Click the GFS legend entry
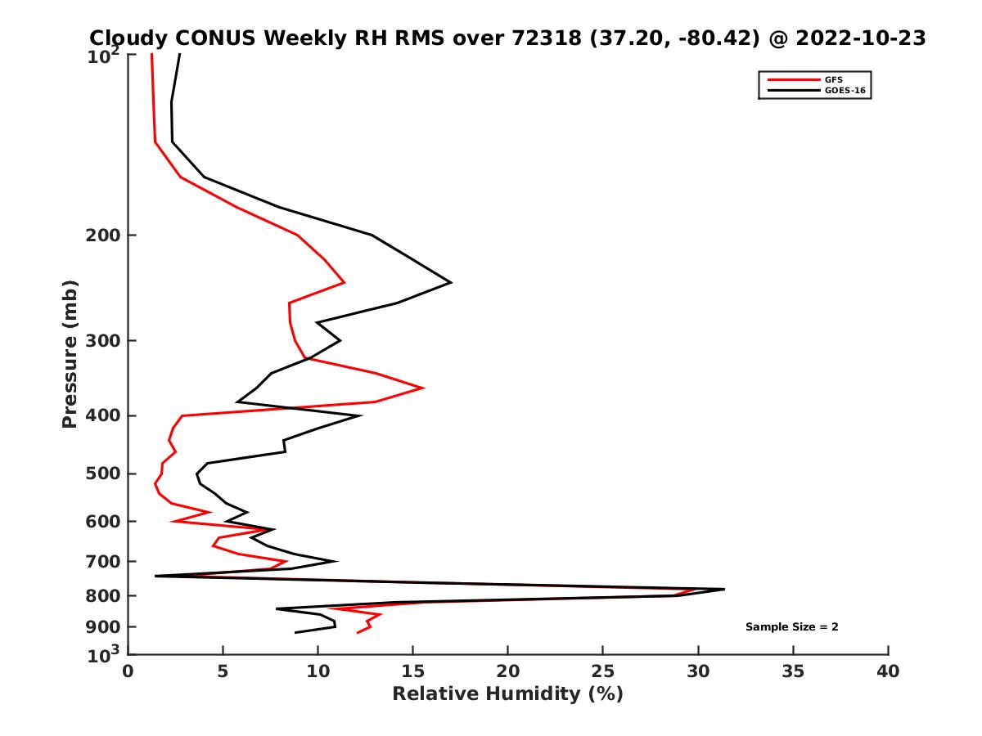pos(828,79)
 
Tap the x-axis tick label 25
pos(603,671)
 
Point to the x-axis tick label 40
pos(888,671)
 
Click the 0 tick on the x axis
pos(128,671)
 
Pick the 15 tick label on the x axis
pos(412,671)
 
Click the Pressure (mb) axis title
pos(70,353)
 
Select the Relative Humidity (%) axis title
pos(507,694)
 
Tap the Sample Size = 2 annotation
pos(791,627)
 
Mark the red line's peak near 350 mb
pos(423,388)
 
